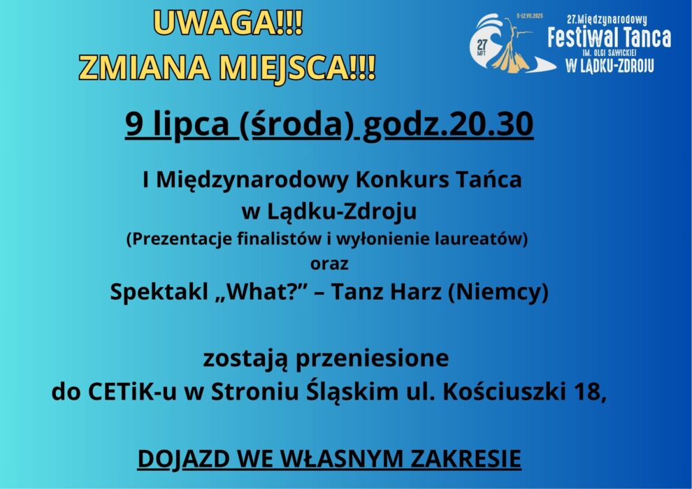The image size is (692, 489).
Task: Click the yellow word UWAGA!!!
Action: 228,23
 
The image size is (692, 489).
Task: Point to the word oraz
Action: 329,263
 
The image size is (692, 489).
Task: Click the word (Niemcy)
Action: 498,292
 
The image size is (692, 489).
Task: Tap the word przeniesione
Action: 372,358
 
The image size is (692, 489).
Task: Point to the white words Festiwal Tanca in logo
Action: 609,38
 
